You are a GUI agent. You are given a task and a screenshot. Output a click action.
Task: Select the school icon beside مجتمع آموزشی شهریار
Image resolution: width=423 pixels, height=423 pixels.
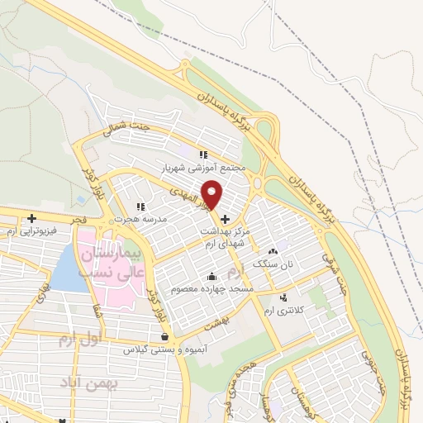coord(203,154)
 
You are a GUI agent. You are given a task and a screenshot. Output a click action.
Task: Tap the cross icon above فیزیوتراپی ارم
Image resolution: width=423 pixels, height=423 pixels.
coord(31,219)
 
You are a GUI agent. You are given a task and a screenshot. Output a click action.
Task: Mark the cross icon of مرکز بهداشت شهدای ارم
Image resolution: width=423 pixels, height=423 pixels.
coord(225,219)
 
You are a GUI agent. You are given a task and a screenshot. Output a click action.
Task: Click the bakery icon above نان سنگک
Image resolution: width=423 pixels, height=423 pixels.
coord(273,251)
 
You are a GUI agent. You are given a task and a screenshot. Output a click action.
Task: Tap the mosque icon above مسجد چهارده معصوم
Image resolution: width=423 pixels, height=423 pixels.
coord(212,277)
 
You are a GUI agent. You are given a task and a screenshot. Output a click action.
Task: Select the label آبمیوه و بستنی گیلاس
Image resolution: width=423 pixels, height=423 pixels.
coord(165,349)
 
